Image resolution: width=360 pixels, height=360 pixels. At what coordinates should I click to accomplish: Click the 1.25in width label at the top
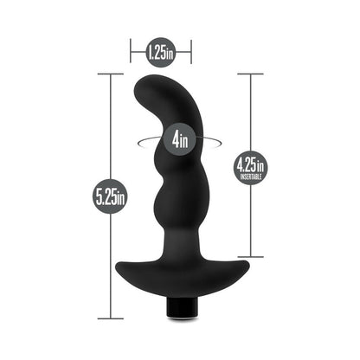(x=160, y=53)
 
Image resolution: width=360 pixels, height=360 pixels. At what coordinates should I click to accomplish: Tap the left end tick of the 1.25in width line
(x=130, y=53)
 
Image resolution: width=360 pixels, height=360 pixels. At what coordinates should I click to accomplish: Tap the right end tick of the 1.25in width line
(x=191, y=53)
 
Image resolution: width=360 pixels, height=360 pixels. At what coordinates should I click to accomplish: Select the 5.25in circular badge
(x=111, y=196)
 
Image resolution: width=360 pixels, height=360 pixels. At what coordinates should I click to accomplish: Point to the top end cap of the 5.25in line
(x=111, y=74)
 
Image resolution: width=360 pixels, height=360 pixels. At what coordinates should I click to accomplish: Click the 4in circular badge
(x=181, y=137)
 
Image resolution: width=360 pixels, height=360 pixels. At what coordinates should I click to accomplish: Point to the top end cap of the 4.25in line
(x=250, y=74)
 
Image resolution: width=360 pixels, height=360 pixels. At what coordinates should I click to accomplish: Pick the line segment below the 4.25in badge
(x=250, y=221)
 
